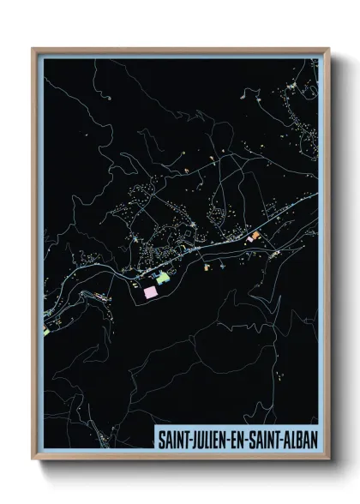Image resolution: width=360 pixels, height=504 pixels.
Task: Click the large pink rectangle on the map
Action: pyautogui.click(x=151, y=291)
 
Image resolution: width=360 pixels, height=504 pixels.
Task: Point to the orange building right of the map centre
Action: pyautogui.click(x=254, y=233)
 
